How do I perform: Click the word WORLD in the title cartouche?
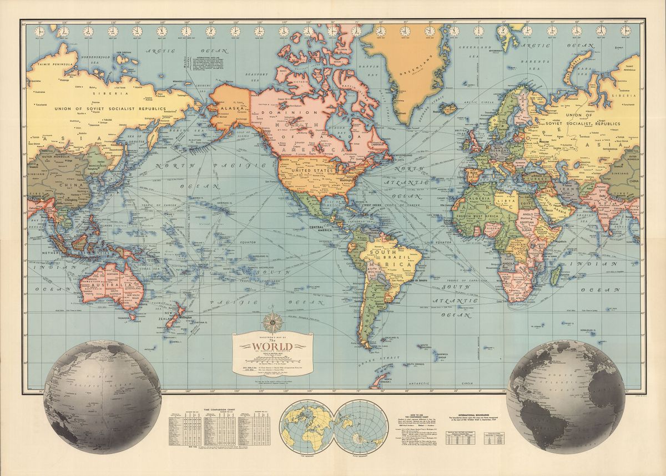pos(273,348)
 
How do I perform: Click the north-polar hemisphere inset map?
pos(307,427)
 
